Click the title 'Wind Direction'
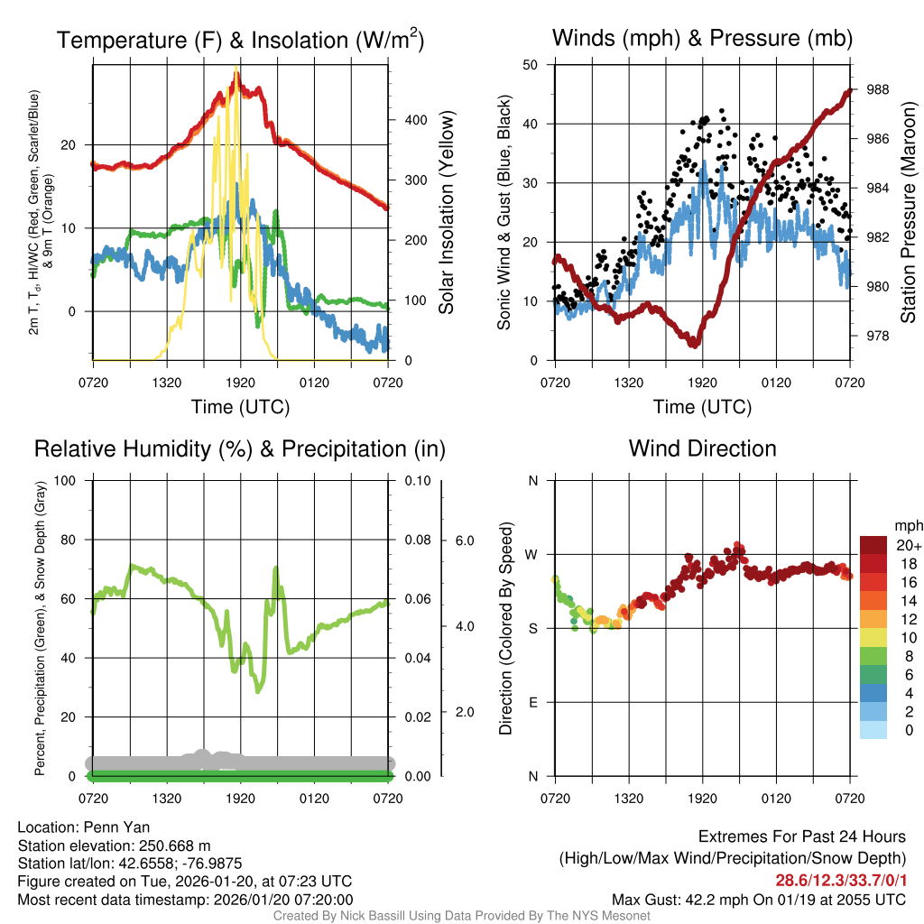(702, 448)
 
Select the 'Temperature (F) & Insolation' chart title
(240, 41)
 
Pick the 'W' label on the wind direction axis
(532, 554)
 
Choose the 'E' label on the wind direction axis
(532, 702)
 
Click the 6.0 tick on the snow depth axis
(463, 541)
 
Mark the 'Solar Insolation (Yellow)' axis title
(447, 213)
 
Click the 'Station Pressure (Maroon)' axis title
(908, 213)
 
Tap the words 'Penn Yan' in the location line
(122, 827)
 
